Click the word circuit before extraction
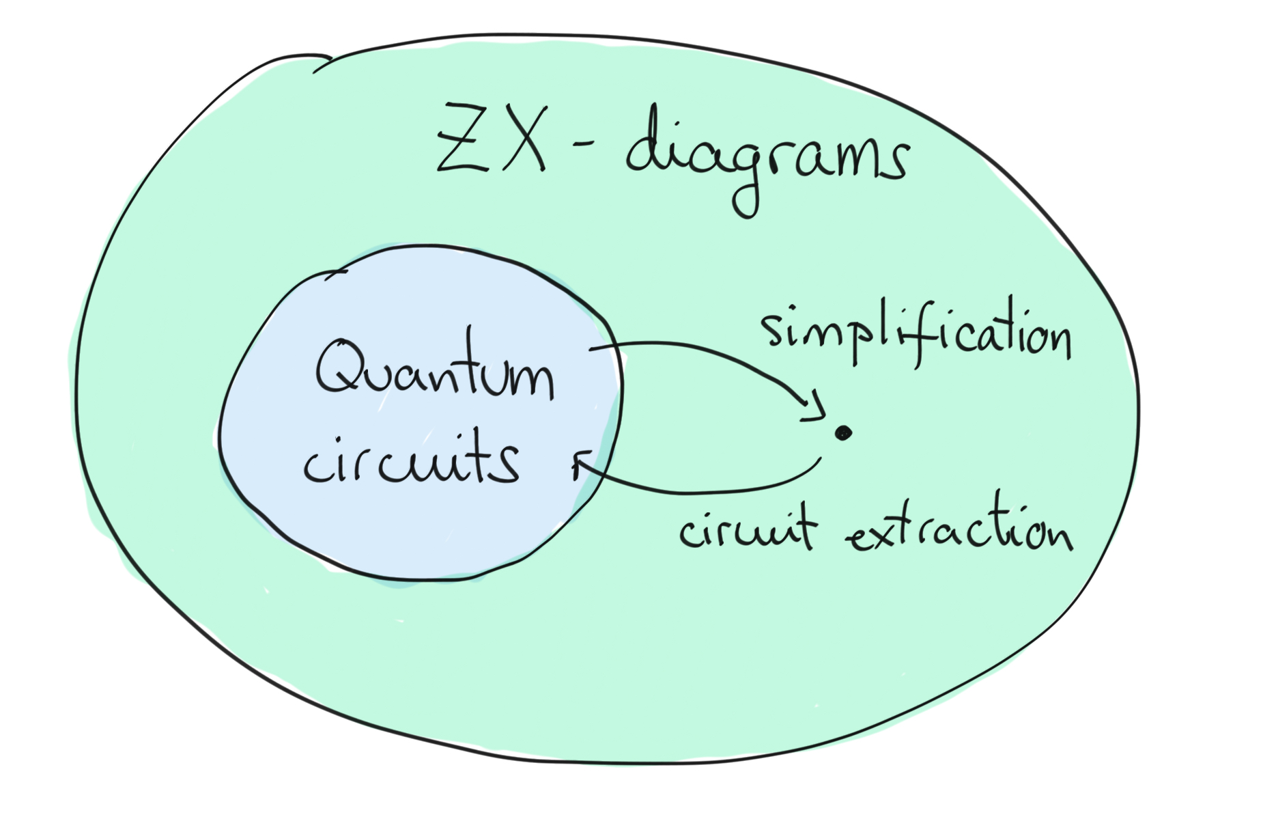click(747, 528)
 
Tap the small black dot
click(844, 432)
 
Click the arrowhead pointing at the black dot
click(814, 408)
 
